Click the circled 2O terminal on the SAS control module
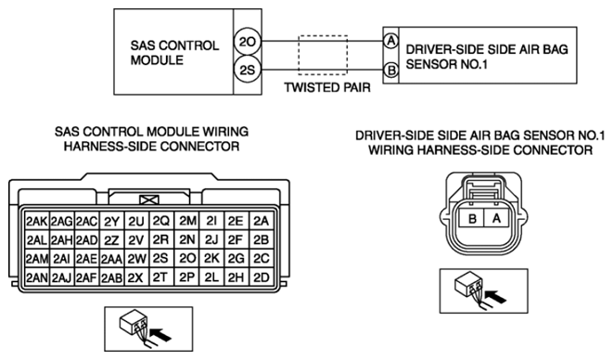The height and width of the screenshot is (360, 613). coord(248,42)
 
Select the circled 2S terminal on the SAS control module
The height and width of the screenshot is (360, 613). coord(248,70)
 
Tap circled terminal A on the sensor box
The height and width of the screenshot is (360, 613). coord(390,41)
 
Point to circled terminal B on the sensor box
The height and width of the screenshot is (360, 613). coord(390,71)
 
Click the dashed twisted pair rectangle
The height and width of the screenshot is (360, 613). coord(323,36)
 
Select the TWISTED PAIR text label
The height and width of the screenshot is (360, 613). coord(327,87)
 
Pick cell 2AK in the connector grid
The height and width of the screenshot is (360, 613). coord(37,222)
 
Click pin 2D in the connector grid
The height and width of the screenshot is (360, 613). coord(262,277)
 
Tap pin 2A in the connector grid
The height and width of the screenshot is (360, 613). coord(262,222)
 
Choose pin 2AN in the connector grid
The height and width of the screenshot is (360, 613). coord(37,277)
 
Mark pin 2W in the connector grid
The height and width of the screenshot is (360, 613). coord(136,259)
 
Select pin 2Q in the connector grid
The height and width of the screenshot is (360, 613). coord(161,222)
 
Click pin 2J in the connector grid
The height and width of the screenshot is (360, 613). coord(211,240)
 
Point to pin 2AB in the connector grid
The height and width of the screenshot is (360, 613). coord(112,277)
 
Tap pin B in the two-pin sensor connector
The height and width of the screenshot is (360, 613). coord(472,218)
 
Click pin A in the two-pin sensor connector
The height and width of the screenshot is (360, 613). coord(496,218)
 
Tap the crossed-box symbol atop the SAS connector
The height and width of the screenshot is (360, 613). coord(149,200)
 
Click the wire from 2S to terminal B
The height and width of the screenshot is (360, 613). coord(322,71)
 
